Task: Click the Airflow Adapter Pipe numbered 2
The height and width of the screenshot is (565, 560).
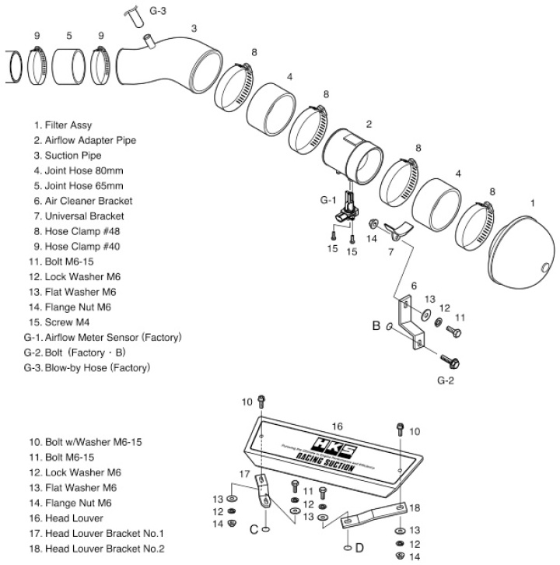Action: (354, 156)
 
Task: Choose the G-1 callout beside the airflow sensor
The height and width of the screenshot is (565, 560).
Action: (327, 199)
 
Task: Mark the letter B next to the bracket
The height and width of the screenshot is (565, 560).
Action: (376, 326)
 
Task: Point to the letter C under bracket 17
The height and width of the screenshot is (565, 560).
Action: (254, 528)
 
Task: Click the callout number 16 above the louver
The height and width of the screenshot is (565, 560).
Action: (337, 426)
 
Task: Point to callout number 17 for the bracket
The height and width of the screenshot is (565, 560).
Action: (244, 474)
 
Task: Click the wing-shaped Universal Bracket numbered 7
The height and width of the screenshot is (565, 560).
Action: (397, 229)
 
